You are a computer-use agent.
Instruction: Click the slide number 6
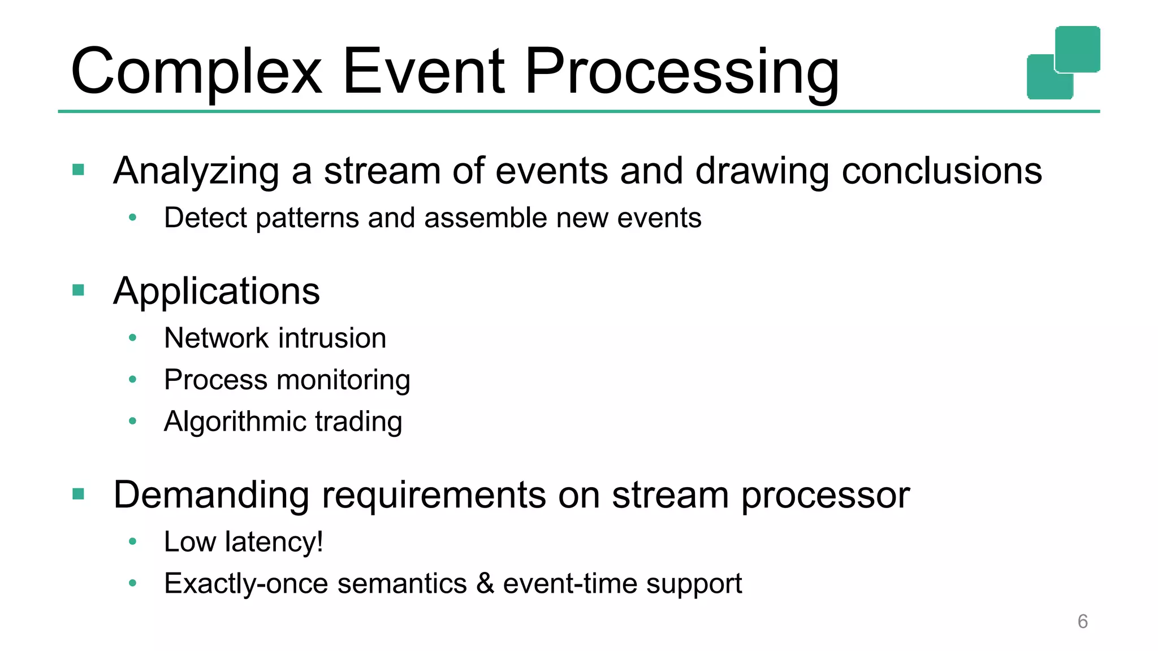tap(1082, 621)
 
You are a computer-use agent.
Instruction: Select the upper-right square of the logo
tap(1077, 49)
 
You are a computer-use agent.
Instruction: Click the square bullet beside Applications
tap(79, 290)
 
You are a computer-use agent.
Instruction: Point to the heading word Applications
tap(217, 291)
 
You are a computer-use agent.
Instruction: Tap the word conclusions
tap(941, 171)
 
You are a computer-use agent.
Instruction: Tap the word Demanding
tap(211, 495)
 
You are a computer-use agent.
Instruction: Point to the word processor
tap(825, 495)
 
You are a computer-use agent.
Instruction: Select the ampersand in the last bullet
tap(485, 583)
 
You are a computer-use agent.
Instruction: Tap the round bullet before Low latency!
tap(132, 541)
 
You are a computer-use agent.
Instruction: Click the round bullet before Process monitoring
tap(132, 379)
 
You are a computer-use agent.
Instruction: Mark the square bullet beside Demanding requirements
tap(79, 494)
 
